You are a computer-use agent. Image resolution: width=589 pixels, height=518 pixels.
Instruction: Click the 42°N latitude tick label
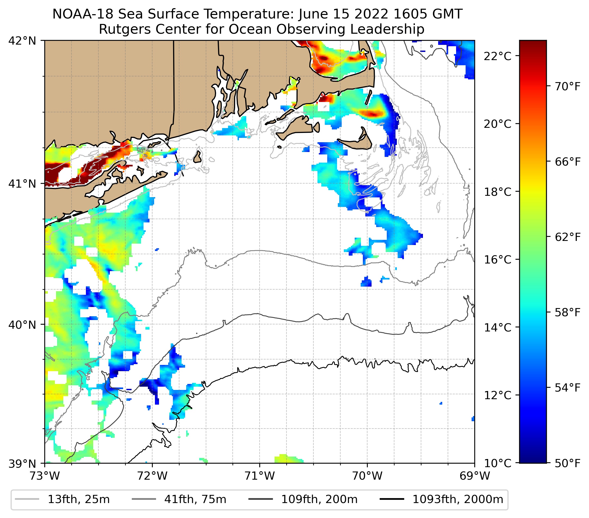click(22, 41)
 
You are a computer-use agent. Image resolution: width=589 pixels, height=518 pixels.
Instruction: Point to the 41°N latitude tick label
click(22, 183)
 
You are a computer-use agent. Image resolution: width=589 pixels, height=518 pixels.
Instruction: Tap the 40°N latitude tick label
click(22, 325)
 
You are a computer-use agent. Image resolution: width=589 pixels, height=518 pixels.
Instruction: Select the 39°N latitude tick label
click(22, 464)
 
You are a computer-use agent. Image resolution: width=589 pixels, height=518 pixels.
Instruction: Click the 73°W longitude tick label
click(45, 476)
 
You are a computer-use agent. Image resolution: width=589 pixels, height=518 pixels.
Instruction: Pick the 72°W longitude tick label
click(152, 476)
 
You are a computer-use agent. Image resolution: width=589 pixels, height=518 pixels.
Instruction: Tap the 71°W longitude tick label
click(260, 476)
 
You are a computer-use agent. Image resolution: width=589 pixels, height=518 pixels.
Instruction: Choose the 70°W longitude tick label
click(367, 476)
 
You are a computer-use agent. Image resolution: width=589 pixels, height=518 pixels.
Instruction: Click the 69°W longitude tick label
click(475, 476)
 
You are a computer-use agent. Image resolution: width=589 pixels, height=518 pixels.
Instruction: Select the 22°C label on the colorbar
click(497, 56)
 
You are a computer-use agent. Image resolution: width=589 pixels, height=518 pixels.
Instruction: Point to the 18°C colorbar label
click(497, 192)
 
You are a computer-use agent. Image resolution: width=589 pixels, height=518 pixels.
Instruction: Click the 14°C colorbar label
click(497, 327)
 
